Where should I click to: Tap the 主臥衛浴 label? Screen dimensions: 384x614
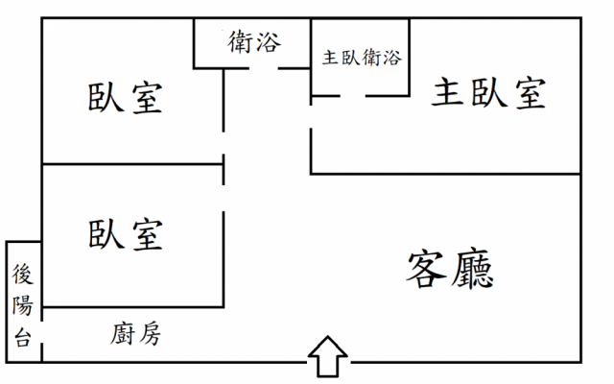click(361, 57)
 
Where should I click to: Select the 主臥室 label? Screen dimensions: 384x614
click(488, 93)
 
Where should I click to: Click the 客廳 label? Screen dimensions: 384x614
click(451, 268)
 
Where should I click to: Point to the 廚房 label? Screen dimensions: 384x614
click(134, 333)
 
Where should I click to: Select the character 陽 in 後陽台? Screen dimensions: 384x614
click(23, 306)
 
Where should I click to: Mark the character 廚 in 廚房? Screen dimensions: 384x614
click(122, 333)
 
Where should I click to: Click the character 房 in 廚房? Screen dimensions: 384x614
click(148, 333)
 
